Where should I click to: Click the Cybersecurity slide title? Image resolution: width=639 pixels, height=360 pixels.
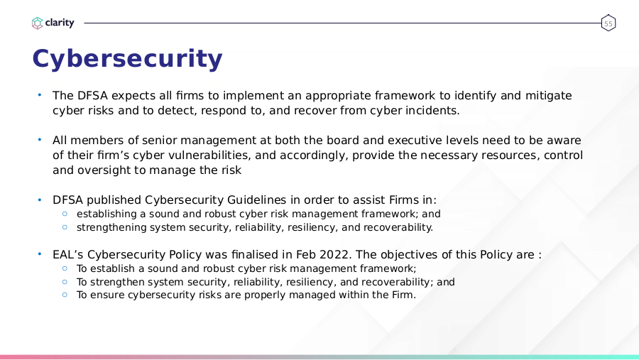click(127, 60)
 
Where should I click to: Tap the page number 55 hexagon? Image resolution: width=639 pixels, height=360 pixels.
click(608, 23)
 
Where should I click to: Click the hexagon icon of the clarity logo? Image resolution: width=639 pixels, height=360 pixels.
click(37, 23)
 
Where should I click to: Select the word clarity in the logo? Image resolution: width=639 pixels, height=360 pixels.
click(60, 23)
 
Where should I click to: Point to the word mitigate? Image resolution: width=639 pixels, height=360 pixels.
click(549, 96)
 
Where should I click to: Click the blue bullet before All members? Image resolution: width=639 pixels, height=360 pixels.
click(40, 140)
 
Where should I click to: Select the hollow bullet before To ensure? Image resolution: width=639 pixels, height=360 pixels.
click(65, 295)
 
